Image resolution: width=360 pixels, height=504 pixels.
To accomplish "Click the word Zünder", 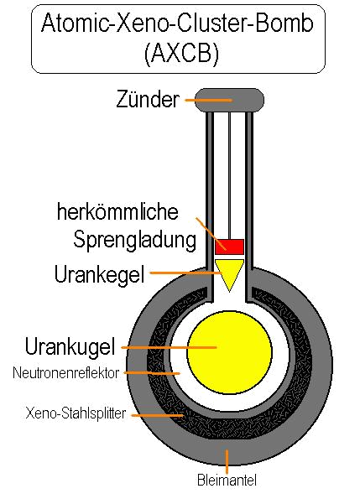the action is [148, 99].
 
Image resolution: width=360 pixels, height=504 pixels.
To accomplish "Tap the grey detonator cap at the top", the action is [230, 100].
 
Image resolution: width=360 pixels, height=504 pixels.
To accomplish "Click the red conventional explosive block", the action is [229, 247].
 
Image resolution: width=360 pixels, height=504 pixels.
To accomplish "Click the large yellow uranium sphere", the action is [229, 352].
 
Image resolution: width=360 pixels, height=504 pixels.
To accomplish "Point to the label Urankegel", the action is [99, 275].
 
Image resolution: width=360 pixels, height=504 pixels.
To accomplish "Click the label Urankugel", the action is [70, 346].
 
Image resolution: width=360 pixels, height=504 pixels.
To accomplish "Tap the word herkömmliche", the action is [117, 211].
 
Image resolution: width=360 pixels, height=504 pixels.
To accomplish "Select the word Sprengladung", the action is [134, 240].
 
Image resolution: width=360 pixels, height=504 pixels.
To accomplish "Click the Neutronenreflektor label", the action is [66, 373].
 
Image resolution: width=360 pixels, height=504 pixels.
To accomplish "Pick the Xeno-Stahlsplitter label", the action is [76, 413].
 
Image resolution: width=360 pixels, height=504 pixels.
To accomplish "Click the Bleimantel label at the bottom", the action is [227, 481].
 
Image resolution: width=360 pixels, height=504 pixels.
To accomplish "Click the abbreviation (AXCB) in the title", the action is [181, 53].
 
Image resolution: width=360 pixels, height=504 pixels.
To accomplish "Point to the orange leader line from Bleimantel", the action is [227, 462].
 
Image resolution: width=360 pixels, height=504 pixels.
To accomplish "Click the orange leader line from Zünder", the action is [208, 101].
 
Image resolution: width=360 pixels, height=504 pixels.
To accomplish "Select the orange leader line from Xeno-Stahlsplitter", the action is [157, 416].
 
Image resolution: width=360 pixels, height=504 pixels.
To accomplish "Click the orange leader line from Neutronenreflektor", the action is [152, 373].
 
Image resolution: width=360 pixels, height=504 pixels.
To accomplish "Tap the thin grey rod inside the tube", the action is [229, 175].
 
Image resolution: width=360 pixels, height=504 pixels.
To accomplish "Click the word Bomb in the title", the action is [284, 23].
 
